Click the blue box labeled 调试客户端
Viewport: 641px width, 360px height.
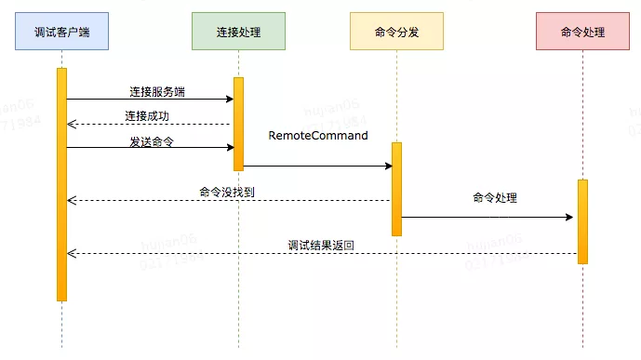pos(61,32)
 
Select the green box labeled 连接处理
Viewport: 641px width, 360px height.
pos(237,32)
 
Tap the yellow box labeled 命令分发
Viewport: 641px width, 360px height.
pos(396,32)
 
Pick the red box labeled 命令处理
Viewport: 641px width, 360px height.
pos(582,32)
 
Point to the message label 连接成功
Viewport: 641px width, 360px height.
pos(147,116)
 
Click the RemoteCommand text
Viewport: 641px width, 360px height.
pos(318,136)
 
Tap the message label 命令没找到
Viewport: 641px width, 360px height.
pos(227,192)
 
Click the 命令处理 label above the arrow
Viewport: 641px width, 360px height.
pos(494,197)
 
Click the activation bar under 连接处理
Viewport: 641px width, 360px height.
pos(238,124)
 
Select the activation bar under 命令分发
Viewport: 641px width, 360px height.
pos(396,189)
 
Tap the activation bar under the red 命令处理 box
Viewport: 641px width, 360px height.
pos(582,221)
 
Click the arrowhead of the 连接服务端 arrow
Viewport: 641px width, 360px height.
pos(229,99)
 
